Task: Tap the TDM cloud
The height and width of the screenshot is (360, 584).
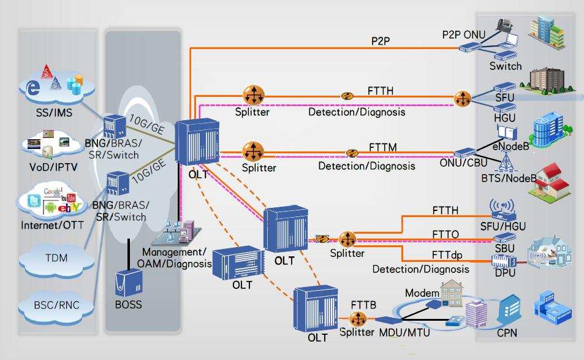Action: [x=56, y=258]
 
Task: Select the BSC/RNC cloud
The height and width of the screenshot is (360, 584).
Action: [x=56, y=304]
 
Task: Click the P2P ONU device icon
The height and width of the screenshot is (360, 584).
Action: [x=471, y=48]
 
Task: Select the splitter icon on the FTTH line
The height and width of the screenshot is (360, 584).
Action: [x=252, y=95]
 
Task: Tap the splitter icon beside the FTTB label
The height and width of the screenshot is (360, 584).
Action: [x=357, y=319]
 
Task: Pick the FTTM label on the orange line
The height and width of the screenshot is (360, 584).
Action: [x=383, y=147]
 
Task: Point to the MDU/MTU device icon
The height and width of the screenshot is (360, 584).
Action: [x=387, y=320]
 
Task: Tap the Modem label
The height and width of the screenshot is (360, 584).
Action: [x=422, y=293]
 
